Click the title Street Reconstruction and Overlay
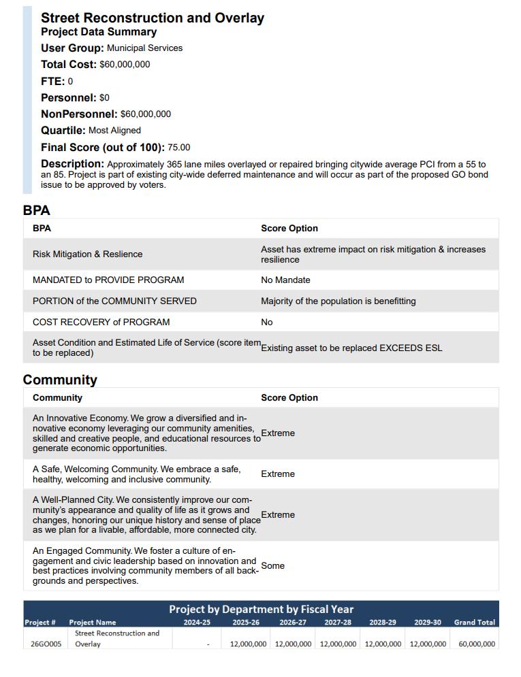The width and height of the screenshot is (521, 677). pos(152,18)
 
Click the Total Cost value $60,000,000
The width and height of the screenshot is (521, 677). pos(125,65)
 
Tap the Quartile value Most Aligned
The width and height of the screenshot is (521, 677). pos(114,131)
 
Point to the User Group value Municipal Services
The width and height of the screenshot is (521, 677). pos(144,48)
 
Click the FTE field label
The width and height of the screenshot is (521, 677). pos(52,81)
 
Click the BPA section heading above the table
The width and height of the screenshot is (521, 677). pos(37,210)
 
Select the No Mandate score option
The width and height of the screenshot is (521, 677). pos(285,280)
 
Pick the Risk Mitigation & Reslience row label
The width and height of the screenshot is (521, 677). pos(87,254)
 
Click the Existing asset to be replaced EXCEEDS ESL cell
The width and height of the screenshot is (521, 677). pos(351,348)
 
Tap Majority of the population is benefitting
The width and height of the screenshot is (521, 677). pos(338,301)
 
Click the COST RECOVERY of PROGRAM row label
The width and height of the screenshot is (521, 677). pos(101,323)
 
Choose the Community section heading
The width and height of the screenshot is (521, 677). pos(60,380)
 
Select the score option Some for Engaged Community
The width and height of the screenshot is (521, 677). pos(272,566)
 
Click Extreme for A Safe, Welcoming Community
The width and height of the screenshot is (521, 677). pos(278,474)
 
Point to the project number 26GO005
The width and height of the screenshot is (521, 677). pos(45,644)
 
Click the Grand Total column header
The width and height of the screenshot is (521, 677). pos(475,623)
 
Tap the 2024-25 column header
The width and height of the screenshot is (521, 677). pos(197,623)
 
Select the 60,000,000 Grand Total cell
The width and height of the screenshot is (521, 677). pos(477,644)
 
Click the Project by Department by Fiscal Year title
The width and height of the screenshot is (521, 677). pos(261,609)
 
